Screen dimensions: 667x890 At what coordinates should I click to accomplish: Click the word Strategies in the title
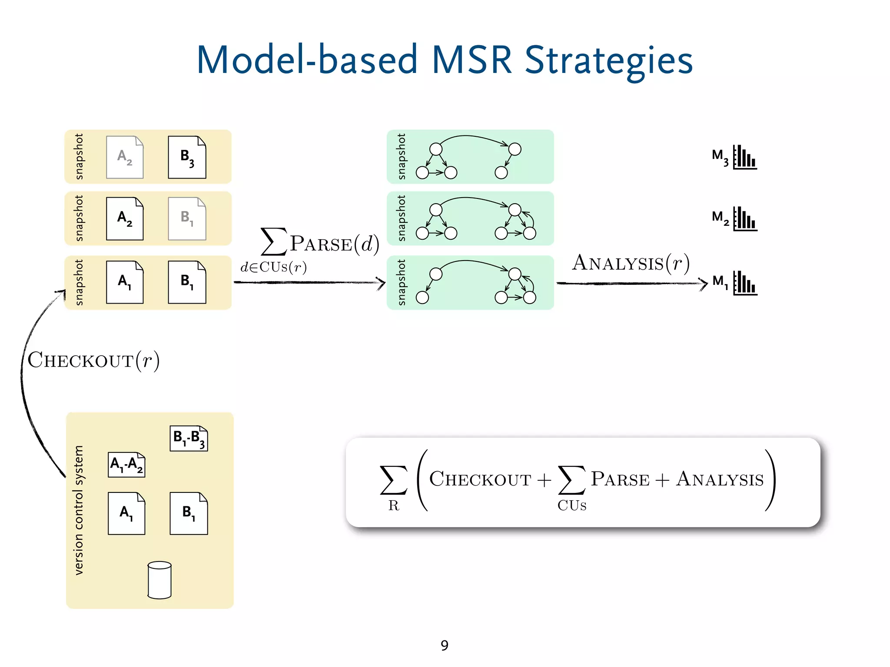coord(608,61)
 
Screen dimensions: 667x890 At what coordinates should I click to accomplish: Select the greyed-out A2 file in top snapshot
coord(125,157)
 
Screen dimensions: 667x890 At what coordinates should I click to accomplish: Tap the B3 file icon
coord(187,157)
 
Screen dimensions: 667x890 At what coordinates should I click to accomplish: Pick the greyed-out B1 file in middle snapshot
coord(187,219)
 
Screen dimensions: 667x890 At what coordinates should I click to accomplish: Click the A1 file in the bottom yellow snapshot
coord(125,282)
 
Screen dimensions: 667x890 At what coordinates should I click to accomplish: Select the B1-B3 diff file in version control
coord(189,438)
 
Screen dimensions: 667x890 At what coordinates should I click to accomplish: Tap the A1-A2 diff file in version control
coord(126,465)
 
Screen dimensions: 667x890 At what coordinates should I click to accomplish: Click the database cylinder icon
coord(159,580)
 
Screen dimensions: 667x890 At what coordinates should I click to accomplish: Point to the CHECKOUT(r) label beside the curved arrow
coord(93,360)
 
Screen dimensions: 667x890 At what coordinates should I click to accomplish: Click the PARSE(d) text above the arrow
coord(334,244)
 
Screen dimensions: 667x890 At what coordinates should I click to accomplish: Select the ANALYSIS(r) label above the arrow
coord(631,263)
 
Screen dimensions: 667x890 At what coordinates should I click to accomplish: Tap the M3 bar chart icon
coord(745,157)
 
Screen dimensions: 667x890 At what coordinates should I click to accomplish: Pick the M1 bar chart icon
coord(745,283)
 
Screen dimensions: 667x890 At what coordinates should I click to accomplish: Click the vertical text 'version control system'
coord(79,510)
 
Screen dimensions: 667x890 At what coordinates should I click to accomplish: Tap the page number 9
coord(444,645)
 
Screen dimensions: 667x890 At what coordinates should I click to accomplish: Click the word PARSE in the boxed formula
coord(620,479)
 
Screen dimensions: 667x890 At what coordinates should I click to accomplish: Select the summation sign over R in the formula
coord(393,480)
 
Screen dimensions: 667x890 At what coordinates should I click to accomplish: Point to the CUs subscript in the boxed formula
coord(572,505)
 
